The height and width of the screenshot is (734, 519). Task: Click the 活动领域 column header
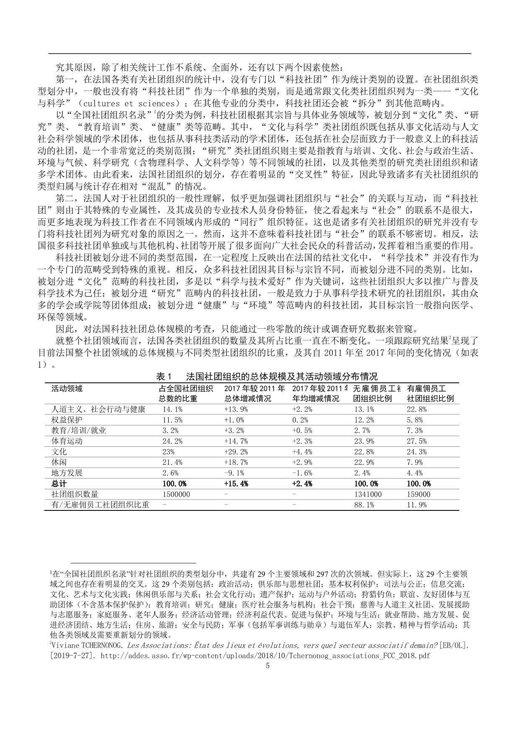[x=67, y=389]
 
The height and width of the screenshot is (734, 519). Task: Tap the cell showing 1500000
[x=176, y=494]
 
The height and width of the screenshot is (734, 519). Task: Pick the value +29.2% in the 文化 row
[x=236, y=452]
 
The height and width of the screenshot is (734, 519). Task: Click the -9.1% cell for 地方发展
[x=234, y=473]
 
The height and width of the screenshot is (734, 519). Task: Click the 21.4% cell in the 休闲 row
[x=172, y=462]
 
